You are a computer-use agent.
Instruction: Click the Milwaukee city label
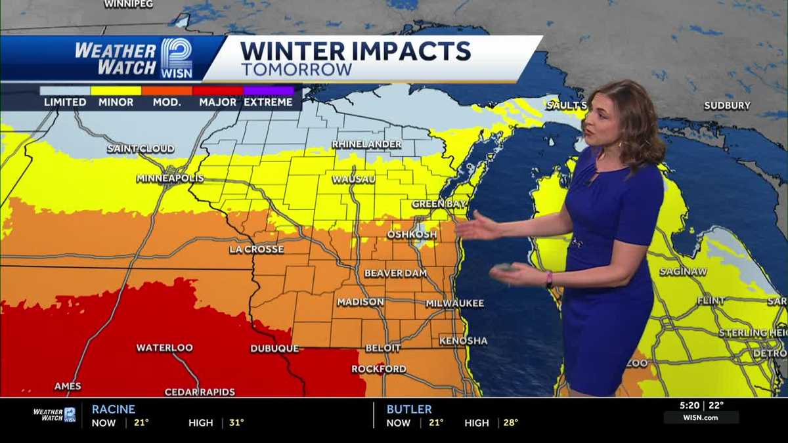[454, 303]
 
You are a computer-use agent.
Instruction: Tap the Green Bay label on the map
[439, 204]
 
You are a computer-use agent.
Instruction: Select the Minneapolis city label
[170, 179]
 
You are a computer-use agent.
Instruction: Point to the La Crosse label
[257, 249]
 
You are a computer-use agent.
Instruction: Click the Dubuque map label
[274, 348]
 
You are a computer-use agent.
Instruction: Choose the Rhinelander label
[366, 144]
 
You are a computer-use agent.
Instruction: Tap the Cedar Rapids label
[200, 392]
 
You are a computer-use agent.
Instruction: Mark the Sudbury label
[727, 106]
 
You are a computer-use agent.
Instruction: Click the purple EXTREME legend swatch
[269, 91]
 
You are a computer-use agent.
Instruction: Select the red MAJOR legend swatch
[218, 91]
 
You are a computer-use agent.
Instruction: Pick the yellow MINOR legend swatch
[116, 91]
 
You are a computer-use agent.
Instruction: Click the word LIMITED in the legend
[65, 102]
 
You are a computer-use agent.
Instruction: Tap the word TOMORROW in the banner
[296, 70]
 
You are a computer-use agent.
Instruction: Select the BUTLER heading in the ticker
[409, 409]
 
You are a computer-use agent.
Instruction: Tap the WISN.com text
[701, 418]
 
